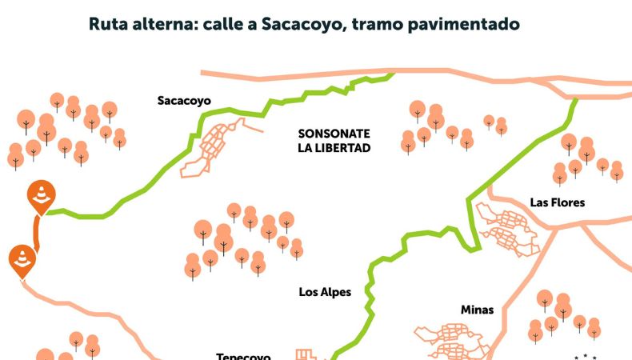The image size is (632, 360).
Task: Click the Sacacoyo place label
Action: click(x=183, y=101)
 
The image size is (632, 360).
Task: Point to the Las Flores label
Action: click(x=557, y=202)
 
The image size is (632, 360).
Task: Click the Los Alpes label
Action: click(x=325, y=292)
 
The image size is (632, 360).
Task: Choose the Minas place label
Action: click(x=477, y=310)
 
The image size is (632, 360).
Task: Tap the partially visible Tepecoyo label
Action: click(x=243, y=356)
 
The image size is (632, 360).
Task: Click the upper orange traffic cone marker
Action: click(x=40, y=194)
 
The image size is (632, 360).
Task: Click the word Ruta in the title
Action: click(x=110, y=24)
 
